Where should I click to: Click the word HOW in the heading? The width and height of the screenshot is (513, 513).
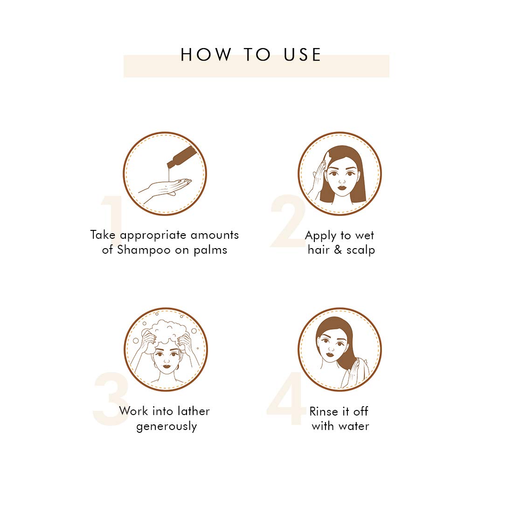tap(206, 55)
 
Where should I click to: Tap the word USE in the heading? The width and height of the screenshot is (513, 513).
tap(302, 55)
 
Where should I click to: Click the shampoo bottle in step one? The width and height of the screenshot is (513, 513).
tap(182, 157)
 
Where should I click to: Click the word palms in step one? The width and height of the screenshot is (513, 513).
tap(210, 250)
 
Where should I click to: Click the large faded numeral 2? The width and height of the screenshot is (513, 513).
tap(288, 221)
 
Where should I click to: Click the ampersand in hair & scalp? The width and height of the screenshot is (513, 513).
tap(338, 250)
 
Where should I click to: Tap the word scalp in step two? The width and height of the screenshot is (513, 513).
tap(361, 250)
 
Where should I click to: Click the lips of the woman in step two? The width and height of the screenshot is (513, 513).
tap(342, 187)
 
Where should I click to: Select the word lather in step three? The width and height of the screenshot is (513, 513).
tap(194, 411)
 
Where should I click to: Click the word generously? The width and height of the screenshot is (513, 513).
tap(167, 426)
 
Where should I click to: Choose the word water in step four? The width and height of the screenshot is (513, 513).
tap(354, 426)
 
